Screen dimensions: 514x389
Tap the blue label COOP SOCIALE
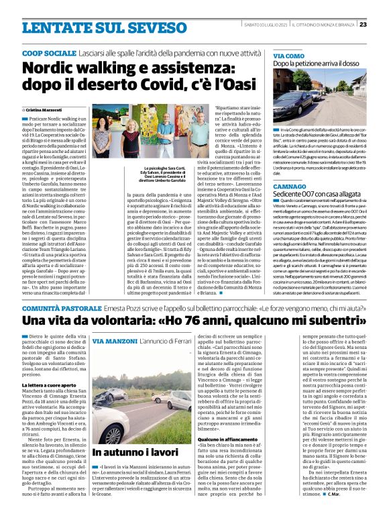(48, 52)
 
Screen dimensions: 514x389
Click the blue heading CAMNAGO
(289, 185)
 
